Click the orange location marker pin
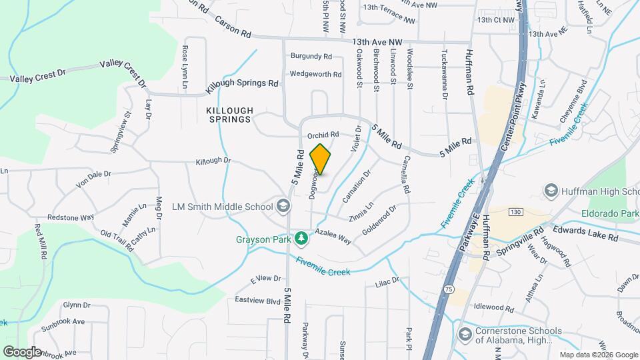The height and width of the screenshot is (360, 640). [x=320, y=159]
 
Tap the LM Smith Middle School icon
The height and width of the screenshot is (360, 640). [x=284, y=205]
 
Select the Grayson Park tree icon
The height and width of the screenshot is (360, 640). [x=302, y=238]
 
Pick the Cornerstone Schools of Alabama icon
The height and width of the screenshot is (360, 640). [x=465, y=334]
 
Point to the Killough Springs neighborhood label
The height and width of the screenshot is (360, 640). [x=229, y=115]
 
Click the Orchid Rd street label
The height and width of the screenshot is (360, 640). [x=323, y=134]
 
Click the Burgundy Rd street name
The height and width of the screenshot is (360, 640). [x=310, y=57]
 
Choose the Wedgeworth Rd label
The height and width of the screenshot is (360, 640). [x=315, y=74]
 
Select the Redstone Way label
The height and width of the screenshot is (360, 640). [x=70, y=218]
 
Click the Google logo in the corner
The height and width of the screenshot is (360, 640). [x=22, y=351]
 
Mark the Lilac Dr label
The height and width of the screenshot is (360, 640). [x=386, y=281]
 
